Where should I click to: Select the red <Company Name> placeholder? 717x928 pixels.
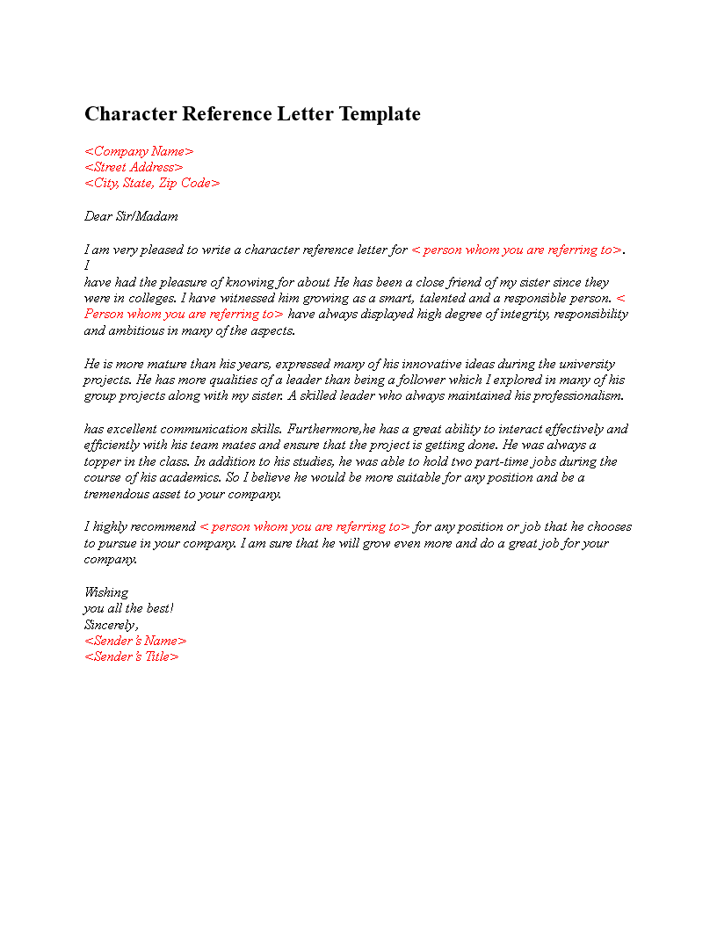tap(139, 151)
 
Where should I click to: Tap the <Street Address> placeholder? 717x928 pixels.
tap(134, 167)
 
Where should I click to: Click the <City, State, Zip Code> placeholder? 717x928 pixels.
tap(152, 183)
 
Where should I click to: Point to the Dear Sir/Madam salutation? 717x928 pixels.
tap(131, 216)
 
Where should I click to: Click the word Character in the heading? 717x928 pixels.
tap(130, 114)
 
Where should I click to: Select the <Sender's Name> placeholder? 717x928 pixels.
tap(135, 641)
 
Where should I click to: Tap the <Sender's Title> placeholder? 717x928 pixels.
tap(132, 656)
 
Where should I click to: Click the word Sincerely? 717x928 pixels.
tap(111, 625)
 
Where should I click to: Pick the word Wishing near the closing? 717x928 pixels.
tap(106, 592)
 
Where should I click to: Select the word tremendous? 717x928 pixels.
tap(119, 494)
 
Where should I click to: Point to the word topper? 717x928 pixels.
tap(104, 461)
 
